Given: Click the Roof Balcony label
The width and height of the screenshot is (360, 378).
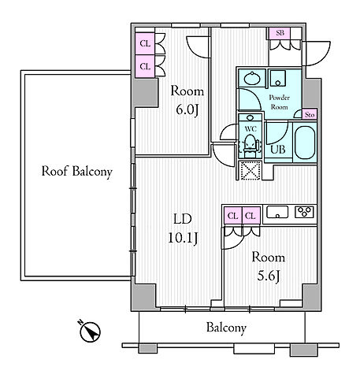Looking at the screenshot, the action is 77,172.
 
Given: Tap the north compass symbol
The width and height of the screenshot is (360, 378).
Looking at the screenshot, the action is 90,332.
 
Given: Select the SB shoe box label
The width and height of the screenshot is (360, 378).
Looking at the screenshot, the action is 280,33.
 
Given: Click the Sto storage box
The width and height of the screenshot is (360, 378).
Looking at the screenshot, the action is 310,115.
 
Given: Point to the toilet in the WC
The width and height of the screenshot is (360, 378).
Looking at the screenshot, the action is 250,144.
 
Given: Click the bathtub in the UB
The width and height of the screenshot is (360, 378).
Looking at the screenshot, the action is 305,143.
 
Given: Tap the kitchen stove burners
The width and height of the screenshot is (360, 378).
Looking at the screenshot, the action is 304,212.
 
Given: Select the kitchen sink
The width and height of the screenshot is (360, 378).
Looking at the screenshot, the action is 277,212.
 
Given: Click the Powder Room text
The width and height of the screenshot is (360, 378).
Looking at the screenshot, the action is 280,102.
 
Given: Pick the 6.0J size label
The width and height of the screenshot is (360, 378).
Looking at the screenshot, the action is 187,109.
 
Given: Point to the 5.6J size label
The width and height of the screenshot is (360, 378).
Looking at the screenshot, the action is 268,276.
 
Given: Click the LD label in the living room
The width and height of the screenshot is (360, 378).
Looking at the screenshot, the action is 183,218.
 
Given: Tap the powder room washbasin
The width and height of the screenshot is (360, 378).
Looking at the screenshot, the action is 252,78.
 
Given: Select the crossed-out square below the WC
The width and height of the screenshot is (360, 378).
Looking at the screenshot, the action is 250,171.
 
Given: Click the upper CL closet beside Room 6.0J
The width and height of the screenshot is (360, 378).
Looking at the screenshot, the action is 145,43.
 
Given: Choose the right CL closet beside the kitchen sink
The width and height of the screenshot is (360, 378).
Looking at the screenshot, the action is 251,216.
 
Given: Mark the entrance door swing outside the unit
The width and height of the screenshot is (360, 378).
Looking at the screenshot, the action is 317,54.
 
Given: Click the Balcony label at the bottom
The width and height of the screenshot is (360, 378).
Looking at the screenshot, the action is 226,328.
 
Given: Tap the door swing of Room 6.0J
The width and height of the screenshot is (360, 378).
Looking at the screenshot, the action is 198,47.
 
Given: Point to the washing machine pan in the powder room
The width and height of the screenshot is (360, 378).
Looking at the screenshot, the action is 278,78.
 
